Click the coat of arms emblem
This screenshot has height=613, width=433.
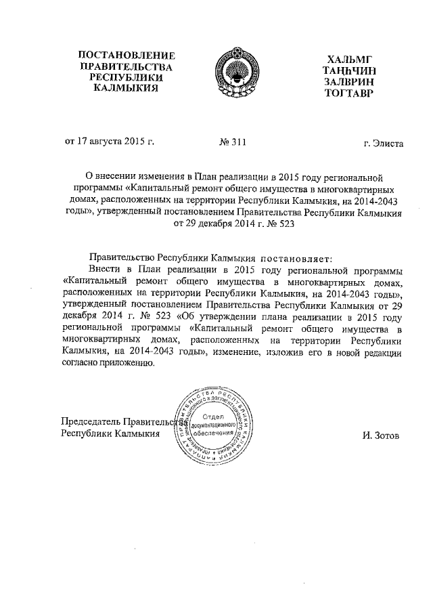[x=237, y=70]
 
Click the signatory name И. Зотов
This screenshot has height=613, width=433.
[x=380, y=436]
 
